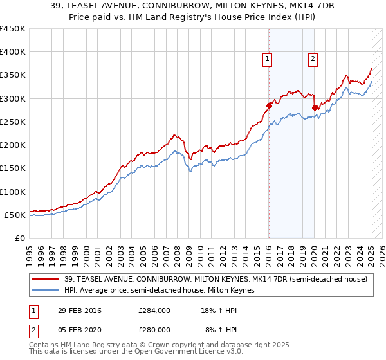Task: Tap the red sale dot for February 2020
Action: point(315,108)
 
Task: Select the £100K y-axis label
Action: point(13,192)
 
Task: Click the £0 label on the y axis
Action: point(20,238)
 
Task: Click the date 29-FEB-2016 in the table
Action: point(79,310)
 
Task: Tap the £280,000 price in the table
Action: point(154,329)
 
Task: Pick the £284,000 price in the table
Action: point(154,310)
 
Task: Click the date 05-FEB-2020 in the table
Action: point(79,329)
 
